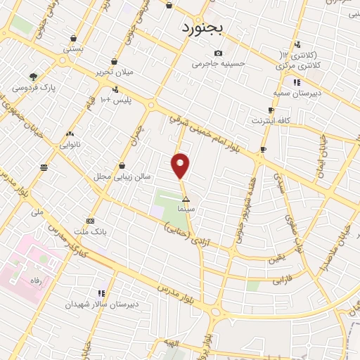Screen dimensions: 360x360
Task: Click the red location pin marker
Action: pyautogui.click(x=181, y=166)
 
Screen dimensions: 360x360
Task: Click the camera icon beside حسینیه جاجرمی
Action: pyautogui.click(x=218, y=53)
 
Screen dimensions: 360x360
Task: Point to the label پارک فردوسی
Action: pyautogui.click(x=34, y=87)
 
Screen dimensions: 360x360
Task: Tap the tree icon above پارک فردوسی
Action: pyautogui.click(x=33, y=77)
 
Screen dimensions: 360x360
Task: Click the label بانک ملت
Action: pyautogui.click(x=90, y=231)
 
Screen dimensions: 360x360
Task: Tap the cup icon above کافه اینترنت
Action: pyautogui.click(x=271, y=110)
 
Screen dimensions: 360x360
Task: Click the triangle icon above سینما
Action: pyautogui.click(x=186, y=200)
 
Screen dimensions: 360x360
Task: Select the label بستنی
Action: pyautogui.click(x=72, y=49)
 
